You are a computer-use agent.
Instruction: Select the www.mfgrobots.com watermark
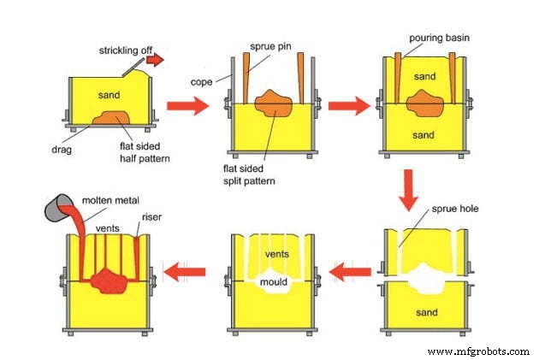point(477,351)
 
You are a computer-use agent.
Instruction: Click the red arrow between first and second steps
point(187,106)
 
